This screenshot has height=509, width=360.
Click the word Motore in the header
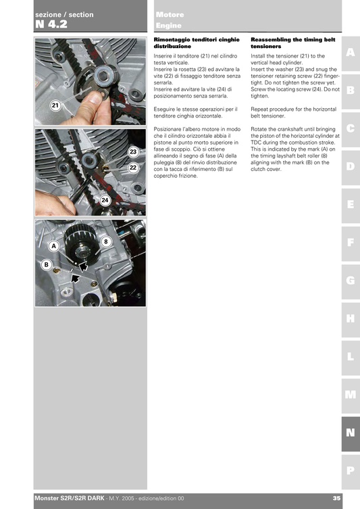pos(169,14)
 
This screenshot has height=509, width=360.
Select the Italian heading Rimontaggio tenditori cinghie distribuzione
pos(187,44)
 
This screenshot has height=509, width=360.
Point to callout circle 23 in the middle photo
pos(133,153)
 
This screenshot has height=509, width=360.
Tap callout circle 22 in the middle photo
pos(133,168)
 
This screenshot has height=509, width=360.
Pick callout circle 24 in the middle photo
pos(105,201)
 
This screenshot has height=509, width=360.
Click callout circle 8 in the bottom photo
pos(105,241)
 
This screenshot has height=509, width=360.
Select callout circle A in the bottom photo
pos(53,246)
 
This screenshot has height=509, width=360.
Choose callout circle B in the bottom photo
pos(47,265)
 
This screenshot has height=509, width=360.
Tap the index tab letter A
pos(350,53)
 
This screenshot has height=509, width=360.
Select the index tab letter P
pos(350,470)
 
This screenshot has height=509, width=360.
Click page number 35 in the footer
pos(336,499)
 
